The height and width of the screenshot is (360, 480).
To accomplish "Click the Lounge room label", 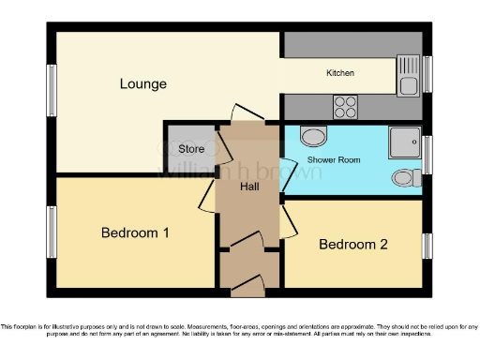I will [142, 84].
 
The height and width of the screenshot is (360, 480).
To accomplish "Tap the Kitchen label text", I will [339, 73].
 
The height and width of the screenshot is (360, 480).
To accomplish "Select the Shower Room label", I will [334, 160].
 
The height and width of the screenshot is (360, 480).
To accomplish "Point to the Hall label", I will [249, 187].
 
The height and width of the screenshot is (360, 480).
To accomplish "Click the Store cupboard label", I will [191, 149].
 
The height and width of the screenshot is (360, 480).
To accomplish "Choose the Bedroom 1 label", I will [135, 232].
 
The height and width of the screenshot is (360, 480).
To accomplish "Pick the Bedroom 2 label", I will [352, 245].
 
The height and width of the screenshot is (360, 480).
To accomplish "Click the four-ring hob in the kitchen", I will [345, 105].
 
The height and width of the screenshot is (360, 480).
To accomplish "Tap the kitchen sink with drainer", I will [408, 76].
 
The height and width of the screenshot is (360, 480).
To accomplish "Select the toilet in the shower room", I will [405, 177].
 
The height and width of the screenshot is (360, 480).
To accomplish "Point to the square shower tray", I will [405, 142].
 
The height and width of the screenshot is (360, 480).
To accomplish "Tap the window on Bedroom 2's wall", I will [427, 246].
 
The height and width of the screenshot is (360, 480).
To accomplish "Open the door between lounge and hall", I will [242, 115].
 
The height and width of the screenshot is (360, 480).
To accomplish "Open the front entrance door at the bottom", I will [248, 282].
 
